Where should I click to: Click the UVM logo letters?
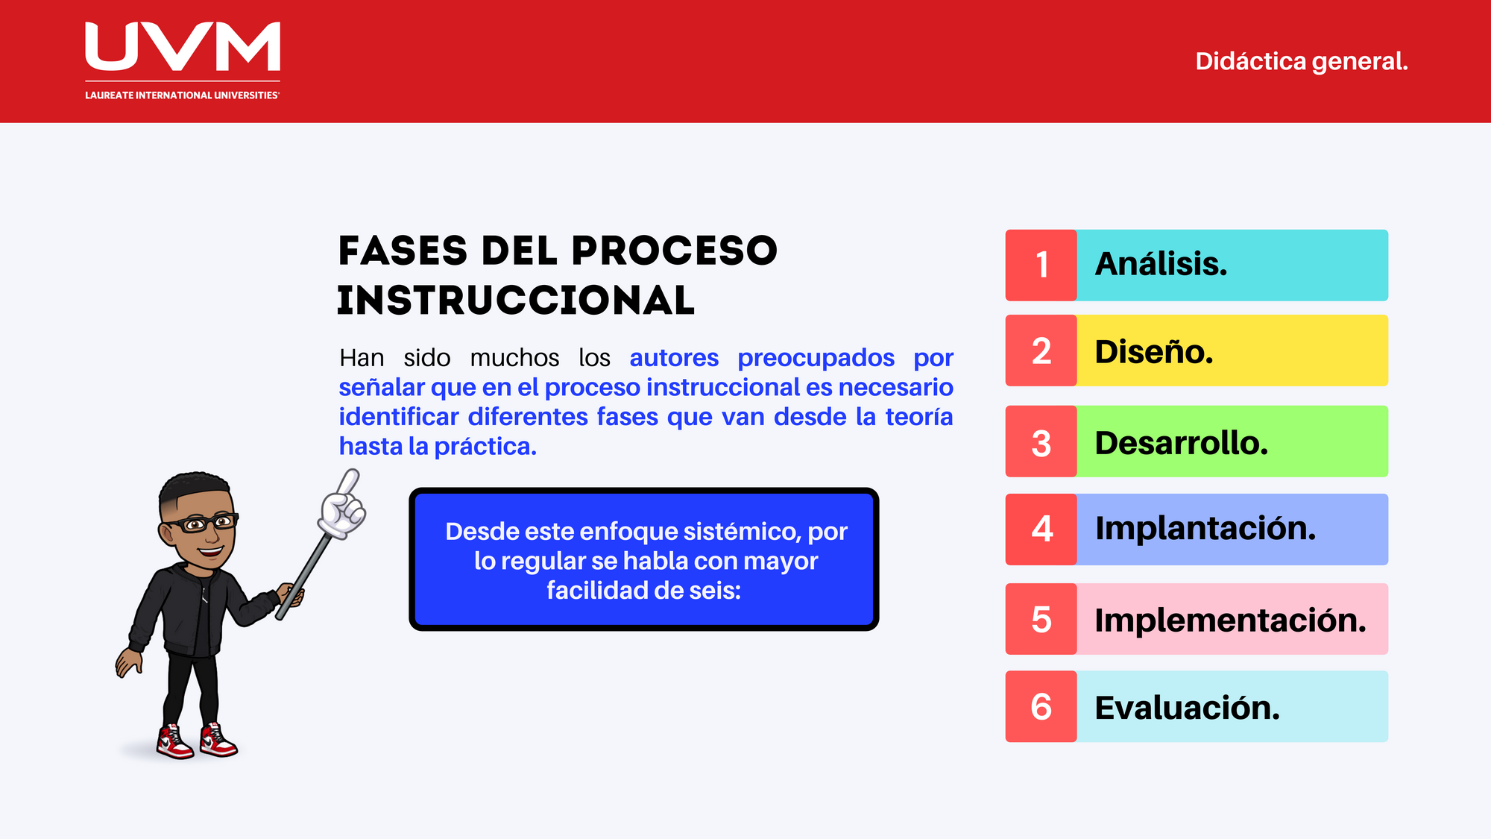point(183,46)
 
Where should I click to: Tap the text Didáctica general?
point(1301,61)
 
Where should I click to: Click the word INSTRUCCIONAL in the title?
point(516,301)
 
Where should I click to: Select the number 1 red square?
point(1041,265)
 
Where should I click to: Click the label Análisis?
point(1160,264)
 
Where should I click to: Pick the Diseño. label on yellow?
point(1153,351)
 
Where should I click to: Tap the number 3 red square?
point(1041,442)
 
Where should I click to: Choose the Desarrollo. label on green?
point(1181,443)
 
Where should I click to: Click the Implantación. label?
point(1205,529)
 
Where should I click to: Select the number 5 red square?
point(1041,619)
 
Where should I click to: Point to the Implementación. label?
point(1230,620)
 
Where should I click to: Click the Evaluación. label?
point(1187,707)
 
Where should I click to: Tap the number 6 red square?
point(1041,706)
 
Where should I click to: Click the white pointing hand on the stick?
point(342,507)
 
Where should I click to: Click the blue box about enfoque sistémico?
point(644,560)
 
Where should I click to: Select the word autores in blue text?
point(674,358)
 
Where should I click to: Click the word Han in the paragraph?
point(362,358)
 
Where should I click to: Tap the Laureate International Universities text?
point(182,95)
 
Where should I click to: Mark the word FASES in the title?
point(403,251)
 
